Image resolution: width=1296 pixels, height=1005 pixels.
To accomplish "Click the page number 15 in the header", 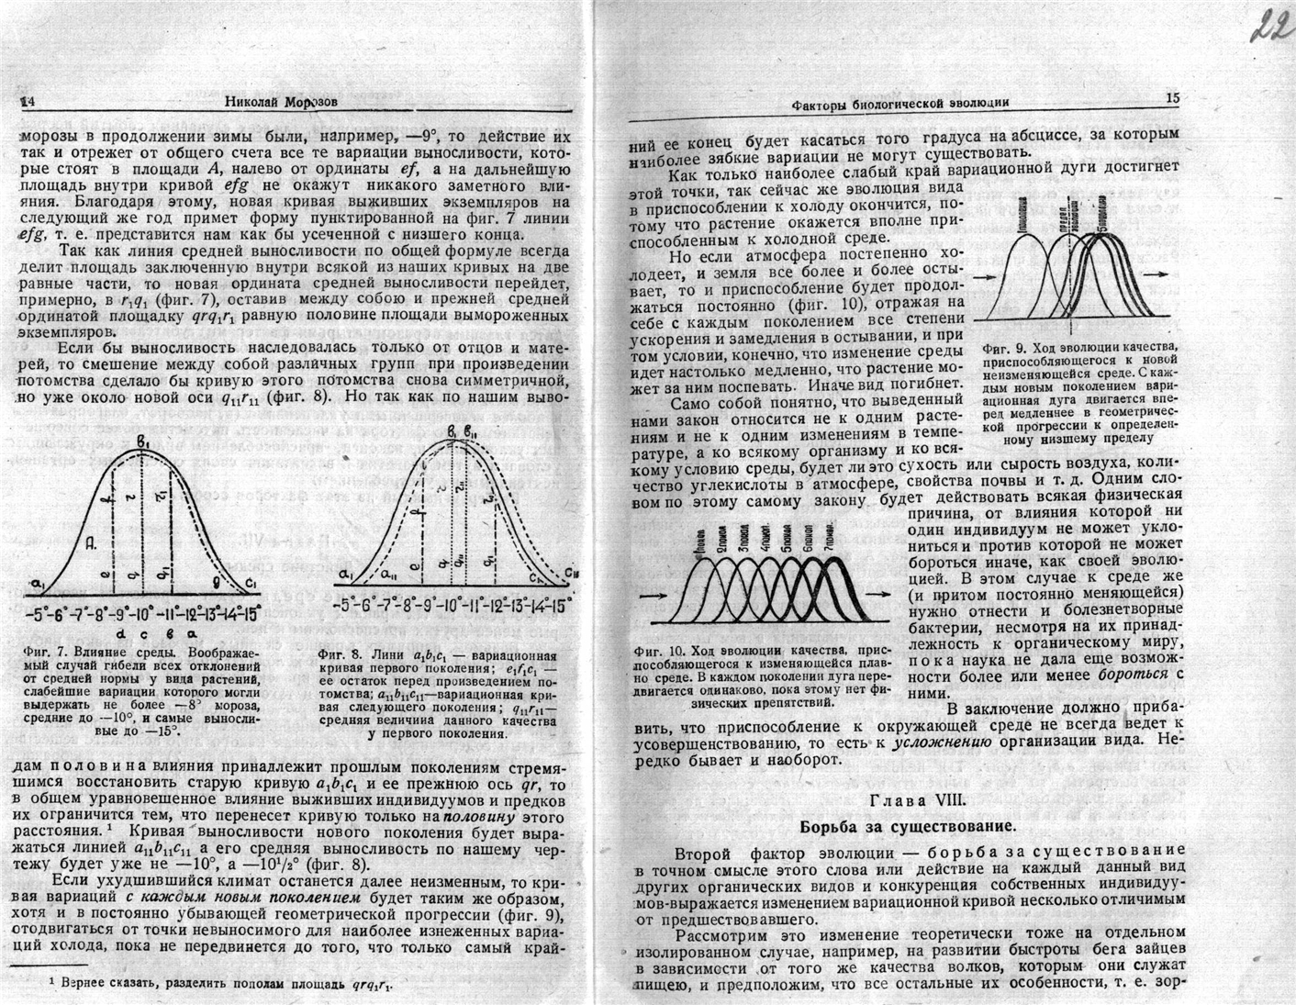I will point(1171,98).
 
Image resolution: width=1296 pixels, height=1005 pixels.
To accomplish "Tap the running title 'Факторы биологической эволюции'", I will point(899,104).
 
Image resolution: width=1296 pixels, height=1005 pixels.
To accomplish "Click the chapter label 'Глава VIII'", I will point(918,799).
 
